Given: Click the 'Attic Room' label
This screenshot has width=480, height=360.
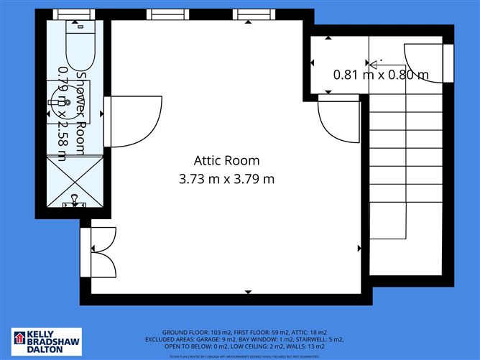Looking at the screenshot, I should click(226, 160).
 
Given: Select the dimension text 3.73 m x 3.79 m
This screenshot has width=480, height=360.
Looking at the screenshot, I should click(226, 178).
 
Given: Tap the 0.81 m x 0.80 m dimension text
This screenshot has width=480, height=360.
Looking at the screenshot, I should click(381, 74).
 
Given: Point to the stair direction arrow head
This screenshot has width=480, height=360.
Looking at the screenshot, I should click(372, 65).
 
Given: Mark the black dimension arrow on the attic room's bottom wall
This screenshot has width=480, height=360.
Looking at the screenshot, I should click(248, 292).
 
